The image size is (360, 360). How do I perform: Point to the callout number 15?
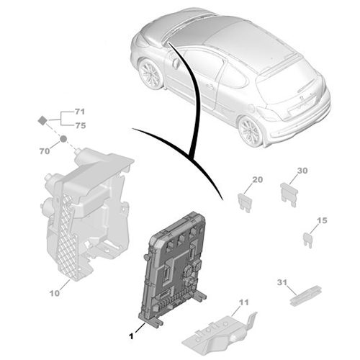(x=322, y=220)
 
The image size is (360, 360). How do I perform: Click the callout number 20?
(x=257, y=180)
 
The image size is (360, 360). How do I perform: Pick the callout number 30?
(x=302, y=171)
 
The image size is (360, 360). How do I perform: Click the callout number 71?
(x=79, y=112)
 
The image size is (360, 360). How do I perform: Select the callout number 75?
(x=79, y=125)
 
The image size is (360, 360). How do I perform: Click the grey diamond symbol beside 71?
(x=43, y=120)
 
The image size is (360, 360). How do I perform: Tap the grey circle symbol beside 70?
(x=63, y=138)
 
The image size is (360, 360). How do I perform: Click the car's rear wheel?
(x=251, y=130)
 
